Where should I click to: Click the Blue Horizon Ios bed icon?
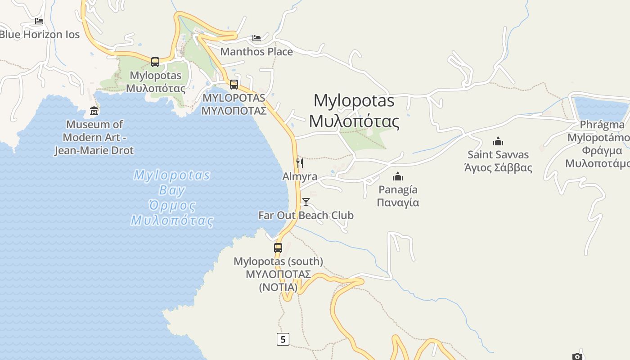tap(39, 21)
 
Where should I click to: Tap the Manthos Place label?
tap(256, 52)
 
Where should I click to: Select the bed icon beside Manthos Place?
tap(256, 38)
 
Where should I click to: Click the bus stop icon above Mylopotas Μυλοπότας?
tap(155, 62)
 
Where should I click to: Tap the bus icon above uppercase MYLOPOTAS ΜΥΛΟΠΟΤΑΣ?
tap(234, 84)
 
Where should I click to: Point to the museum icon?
tap(94, 111)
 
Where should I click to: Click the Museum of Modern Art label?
tap(94, 137)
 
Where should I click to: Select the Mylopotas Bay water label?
tap(172, 198)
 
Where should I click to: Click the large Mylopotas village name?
tap(354, 111)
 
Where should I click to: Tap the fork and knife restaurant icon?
tap(300, 163)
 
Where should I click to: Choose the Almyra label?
tap(300, 177)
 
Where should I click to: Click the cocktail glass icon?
tap(306, 202)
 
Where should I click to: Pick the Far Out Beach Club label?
tap(306, 216)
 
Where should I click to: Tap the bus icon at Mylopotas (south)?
tap(278, 247)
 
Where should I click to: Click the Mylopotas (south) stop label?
tap(278, 274)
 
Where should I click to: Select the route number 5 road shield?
tap(283, 339)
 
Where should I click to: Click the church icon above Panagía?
tap(398, 176)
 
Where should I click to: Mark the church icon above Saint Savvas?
tap(498, 141)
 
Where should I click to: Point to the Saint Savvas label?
tap(498, 161)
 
